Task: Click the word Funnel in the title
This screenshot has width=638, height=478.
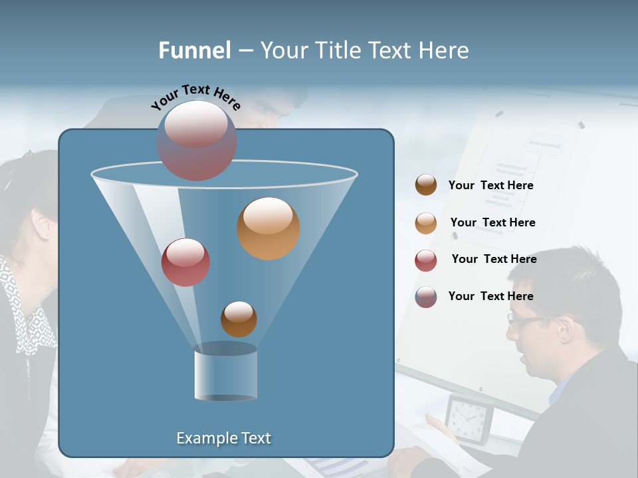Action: (x=194, y=50)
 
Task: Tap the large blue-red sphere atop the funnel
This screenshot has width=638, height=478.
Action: (x=197, y=141)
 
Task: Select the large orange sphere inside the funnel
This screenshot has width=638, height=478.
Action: (x=268, y=228)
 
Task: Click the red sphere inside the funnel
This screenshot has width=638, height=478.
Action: (x=185, y=262)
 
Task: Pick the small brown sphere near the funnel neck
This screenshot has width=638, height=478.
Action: (x=239, y=319)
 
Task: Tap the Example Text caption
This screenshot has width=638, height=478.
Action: (x=224, y=438)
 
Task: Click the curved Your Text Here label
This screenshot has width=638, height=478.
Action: (x=195, y=97)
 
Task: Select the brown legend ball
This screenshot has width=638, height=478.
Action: (x=426, y=185)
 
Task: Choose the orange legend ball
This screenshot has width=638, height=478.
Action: (x=426, y=223)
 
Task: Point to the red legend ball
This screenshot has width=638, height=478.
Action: (x=426, y=260)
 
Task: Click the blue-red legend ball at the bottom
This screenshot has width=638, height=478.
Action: (x=426, y=297)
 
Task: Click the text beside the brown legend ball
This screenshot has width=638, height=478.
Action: (x=490, y=186)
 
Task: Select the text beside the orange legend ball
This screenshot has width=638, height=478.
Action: (x=492, y=223)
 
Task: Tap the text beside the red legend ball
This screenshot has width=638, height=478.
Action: (x=494, y=260)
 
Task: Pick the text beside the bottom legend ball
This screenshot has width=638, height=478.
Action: (x=490, y=297)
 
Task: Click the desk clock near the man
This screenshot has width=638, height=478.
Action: (x=469, y=418)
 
